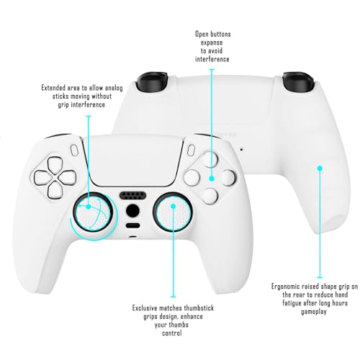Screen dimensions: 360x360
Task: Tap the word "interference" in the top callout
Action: tap(212, 60)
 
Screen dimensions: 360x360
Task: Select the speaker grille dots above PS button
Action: tap(131, 195)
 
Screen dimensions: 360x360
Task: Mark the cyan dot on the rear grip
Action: tap(320, 168)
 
